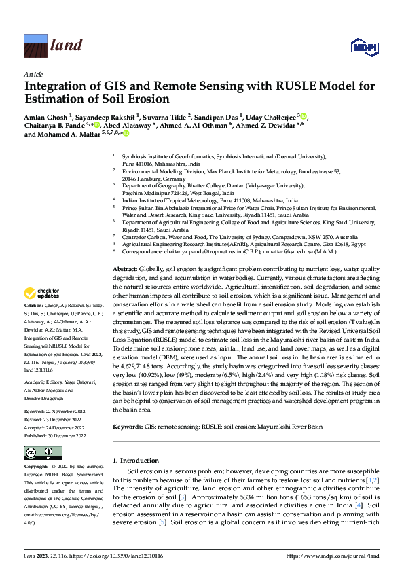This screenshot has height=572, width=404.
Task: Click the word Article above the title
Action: (33, 73)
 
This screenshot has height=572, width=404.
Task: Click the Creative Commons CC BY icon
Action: (43, 453)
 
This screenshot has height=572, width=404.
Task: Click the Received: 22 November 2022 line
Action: (56, 411)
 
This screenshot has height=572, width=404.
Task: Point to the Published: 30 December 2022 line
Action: (56, 435)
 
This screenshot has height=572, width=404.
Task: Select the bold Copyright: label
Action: (38, 468)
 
